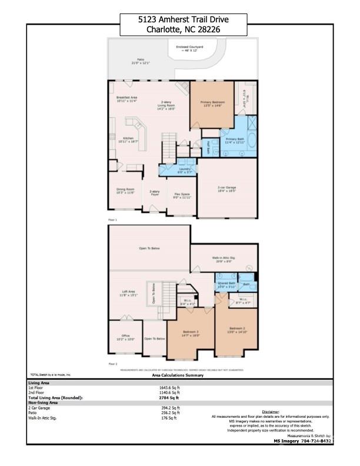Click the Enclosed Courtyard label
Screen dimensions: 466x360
[x=189, y=48]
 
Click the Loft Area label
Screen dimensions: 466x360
[x=128, y=294]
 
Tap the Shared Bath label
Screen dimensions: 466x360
[x=226, y=285]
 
